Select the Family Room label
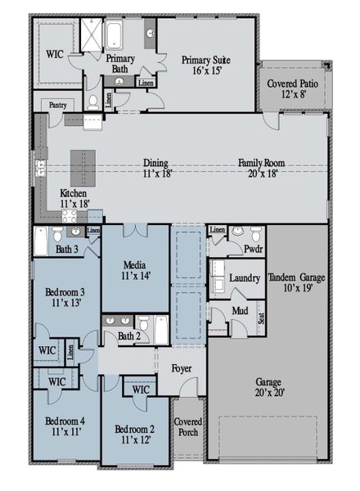point(262,169)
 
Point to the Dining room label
point(156,169)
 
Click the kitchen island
point(83,167)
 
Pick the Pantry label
point(57,105)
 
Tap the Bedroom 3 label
point(65,298)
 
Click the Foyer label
point(182,369)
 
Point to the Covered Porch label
point(188,427)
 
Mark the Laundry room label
point(244,278)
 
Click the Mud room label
point(239,311)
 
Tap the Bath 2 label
point(128,336)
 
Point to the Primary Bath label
point(119,64)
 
